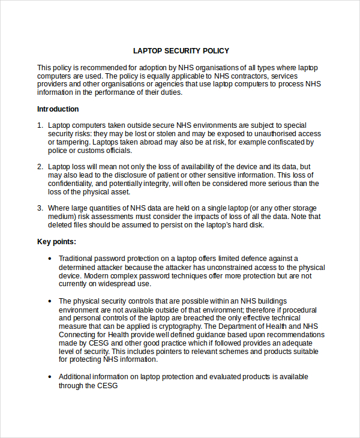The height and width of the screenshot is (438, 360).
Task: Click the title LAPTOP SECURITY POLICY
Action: [181, 51]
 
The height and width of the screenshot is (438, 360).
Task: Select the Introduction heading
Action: [58, 109]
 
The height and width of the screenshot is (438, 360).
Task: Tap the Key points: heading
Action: [56, 242]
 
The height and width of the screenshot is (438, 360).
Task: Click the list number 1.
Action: [40, 125]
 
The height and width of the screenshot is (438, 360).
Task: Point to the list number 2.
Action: [40, 167]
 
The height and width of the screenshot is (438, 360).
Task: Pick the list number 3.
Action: [40, 208]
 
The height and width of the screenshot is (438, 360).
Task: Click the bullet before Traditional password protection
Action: [50, 259]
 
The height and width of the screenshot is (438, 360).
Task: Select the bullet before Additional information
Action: [50, 377]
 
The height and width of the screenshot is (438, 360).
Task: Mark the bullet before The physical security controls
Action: [50, 301]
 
